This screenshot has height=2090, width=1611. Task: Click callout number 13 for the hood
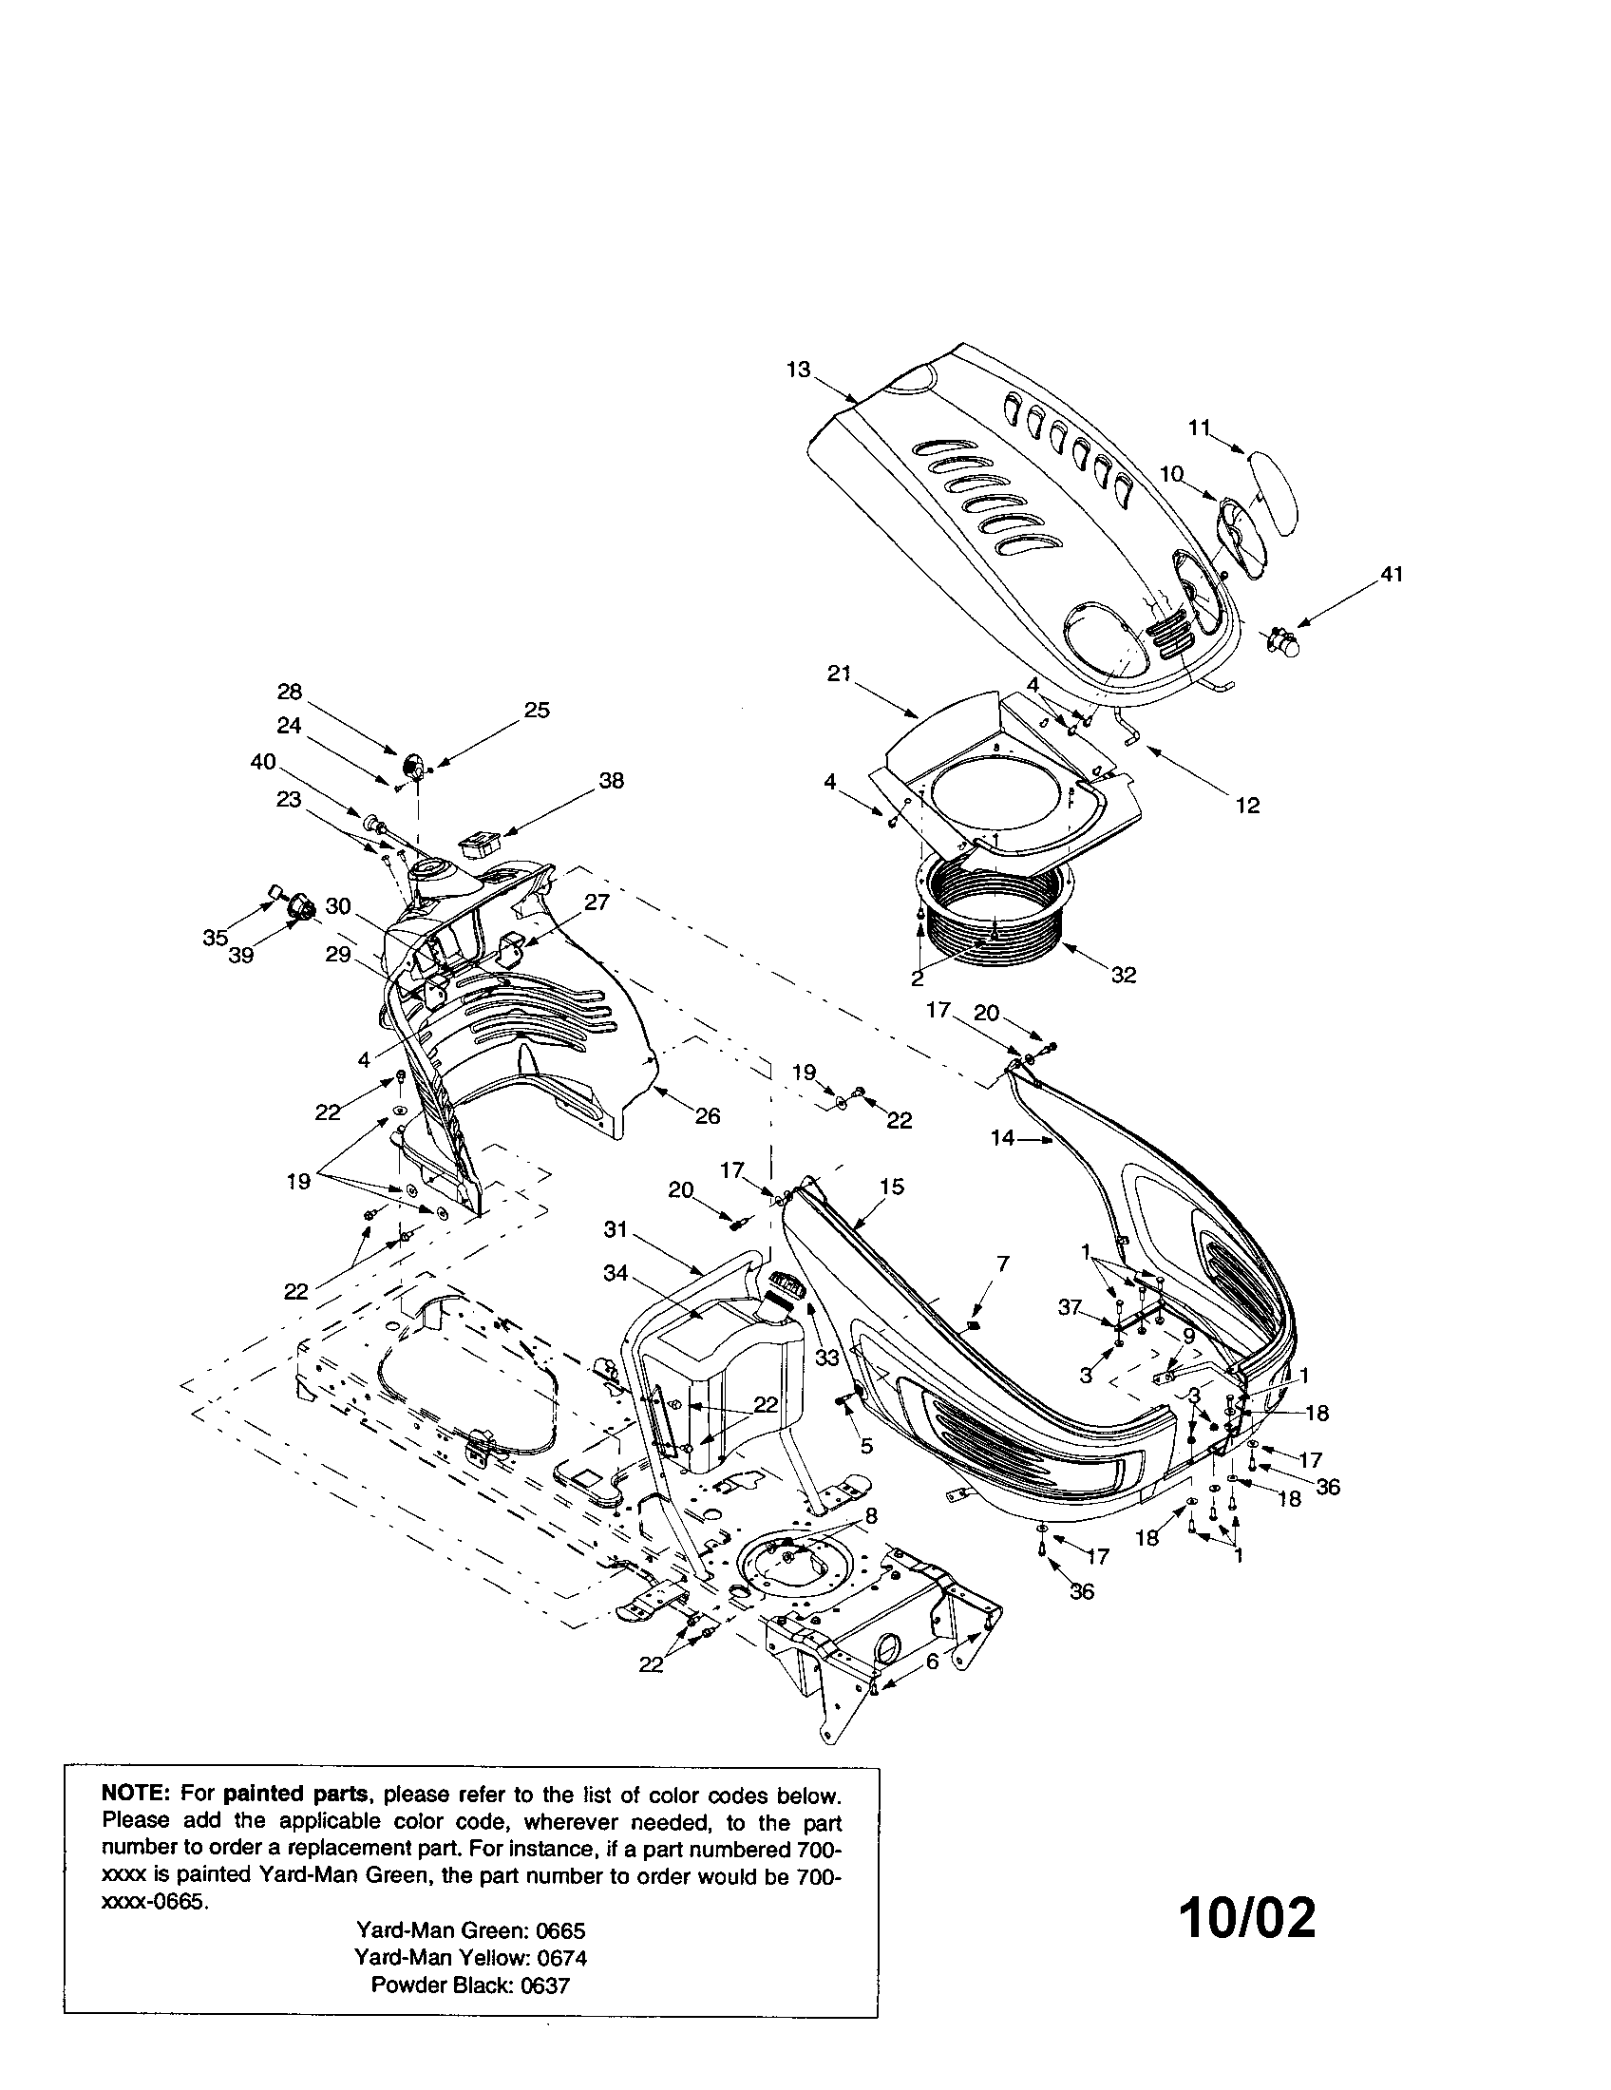(x=798, y=369)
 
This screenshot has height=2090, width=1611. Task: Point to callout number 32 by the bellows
(x=1123, y=975)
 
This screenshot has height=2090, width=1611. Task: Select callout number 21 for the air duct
(x=839, y=674)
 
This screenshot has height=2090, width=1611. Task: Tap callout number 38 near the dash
(x=611, y=780)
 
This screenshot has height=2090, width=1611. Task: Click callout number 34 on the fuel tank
(x=616, y=1273)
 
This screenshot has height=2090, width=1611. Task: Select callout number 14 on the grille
(x=1001, y=1139)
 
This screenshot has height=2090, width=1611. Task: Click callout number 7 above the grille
(x=1001, y=1263)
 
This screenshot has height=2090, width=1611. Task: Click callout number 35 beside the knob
(x=215, y=938)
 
